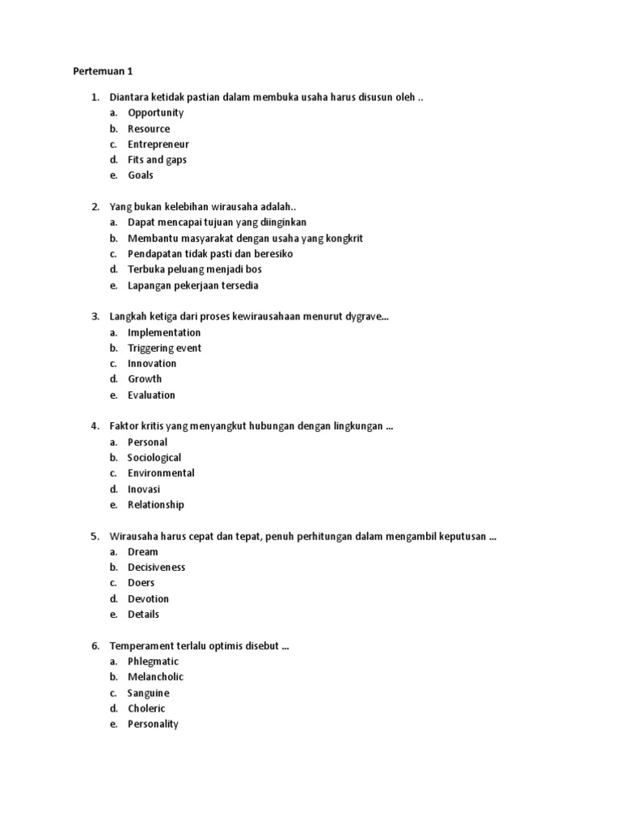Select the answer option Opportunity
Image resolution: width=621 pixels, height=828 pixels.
coord(155,113)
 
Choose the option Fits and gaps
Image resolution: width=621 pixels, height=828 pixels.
coord(157,160)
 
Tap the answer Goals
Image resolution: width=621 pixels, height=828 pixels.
coord(141,175)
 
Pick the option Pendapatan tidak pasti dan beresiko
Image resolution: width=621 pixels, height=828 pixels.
coord(210,254)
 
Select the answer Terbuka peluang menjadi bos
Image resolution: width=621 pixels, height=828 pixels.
coord(194,269)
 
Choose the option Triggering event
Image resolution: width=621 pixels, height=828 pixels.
coord(164,349)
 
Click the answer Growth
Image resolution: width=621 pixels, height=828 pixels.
coord(145,379)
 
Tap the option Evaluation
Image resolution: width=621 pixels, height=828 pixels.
coord(151,395)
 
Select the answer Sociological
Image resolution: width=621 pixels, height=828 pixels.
coord(154,458)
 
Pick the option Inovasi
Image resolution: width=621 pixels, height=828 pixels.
coord(144,489)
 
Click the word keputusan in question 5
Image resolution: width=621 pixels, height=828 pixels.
coord(461,536)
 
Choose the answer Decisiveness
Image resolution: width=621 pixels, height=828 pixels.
coord(157,568)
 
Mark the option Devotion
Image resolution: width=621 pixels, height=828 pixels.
coord(148,599)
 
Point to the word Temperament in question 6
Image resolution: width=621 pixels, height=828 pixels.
coord(142,646)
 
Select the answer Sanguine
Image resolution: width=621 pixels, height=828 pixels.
coord(148,694)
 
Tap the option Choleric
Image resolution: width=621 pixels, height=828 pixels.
coord(146,709)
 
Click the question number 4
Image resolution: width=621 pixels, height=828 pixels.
coord(95,426)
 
